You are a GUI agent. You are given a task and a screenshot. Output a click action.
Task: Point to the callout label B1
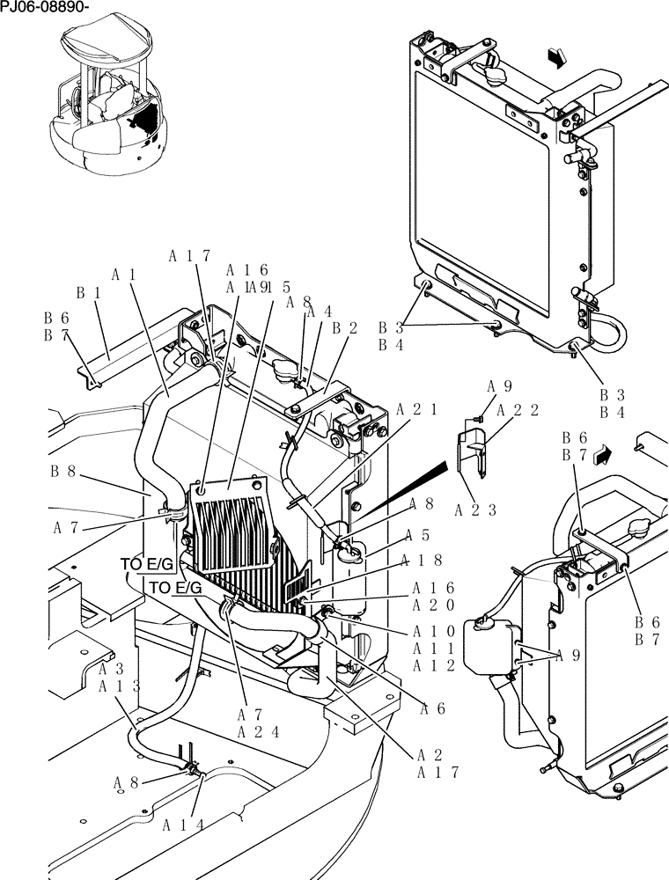[86, 292]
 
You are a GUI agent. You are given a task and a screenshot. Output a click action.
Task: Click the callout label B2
[344, 328]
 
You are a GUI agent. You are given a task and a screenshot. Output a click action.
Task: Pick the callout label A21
[417, 409]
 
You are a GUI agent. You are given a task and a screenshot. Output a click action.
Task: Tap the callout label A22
[517, 409]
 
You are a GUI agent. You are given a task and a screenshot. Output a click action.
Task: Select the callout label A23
[476, 509]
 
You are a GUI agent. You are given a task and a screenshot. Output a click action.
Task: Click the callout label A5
[418, 534]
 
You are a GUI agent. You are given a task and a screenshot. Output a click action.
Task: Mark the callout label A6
[431, 708]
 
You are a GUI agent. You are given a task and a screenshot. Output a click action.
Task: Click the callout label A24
[259, 731]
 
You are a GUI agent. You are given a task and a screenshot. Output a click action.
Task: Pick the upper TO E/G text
[147, 564]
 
